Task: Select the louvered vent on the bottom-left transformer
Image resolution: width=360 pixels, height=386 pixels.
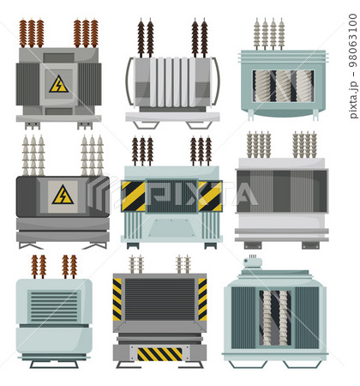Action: (x=54, y=307)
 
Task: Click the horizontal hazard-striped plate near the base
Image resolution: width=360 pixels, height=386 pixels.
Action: (x=159, y=354)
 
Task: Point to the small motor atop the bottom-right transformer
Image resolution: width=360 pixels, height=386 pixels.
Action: (x=253, y=262)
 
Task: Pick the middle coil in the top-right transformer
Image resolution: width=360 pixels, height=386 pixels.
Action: (x=284, y=86)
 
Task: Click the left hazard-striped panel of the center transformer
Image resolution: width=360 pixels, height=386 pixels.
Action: (x=133, y=196)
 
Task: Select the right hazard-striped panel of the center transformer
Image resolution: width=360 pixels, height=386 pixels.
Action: (x=210, y=196)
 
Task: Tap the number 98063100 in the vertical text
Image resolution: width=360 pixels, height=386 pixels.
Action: (x=353, y=40)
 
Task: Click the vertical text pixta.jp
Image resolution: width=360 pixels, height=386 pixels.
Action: (x=354, y=100)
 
